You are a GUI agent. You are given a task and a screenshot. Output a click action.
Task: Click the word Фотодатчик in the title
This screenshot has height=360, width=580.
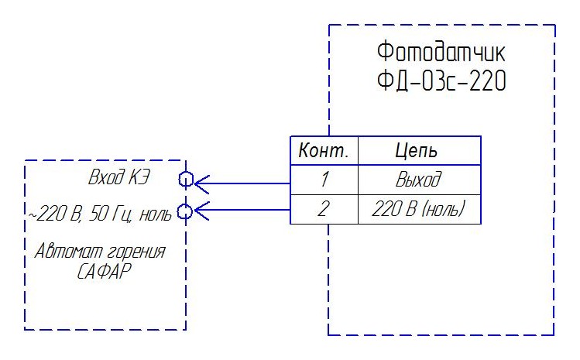(x=441, y=54)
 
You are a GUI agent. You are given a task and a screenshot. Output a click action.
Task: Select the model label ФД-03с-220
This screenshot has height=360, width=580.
(x=441, y=81)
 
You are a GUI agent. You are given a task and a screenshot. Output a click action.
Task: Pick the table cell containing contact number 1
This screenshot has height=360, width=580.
(x=324, y=180)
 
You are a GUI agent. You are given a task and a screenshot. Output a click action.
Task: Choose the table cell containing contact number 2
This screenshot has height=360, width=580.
(x=324, y=209)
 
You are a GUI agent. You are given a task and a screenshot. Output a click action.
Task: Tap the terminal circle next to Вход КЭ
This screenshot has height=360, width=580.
(x=185, y=180)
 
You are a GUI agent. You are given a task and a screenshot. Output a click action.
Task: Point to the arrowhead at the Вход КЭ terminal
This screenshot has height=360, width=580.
(x=201, y=183)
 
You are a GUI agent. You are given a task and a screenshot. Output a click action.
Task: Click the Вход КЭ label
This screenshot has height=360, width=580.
(x=118, y=179)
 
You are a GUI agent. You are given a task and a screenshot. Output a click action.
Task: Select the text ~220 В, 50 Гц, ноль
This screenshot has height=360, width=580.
(x=100, y=212)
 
